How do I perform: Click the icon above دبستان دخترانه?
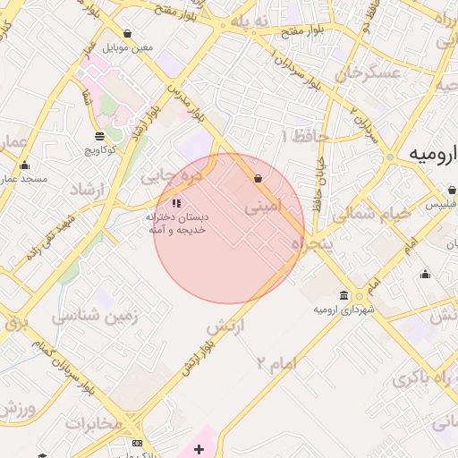coord(176,202)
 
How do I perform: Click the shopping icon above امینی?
coord(259,179)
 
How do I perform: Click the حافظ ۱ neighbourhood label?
coord(305,136)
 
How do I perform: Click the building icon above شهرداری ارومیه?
coord(344,296)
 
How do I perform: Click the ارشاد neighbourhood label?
coord(88,191)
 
